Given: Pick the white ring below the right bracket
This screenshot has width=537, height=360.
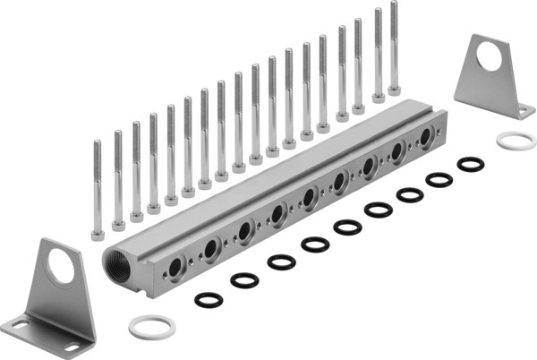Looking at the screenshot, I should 516,141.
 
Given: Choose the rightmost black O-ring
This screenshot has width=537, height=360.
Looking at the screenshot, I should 470,165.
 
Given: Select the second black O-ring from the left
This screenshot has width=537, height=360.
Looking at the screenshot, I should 243,280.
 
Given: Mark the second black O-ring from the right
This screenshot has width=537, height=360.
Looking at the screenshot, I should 439,179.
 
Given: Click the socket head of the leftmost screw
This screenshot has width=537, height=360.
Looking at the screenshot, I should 98,234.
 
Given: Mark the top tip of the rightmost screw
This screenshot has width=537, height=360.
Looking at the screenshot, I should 394,4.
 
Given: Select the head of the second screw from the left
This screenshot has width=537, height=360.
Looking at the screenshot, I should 117,225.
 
